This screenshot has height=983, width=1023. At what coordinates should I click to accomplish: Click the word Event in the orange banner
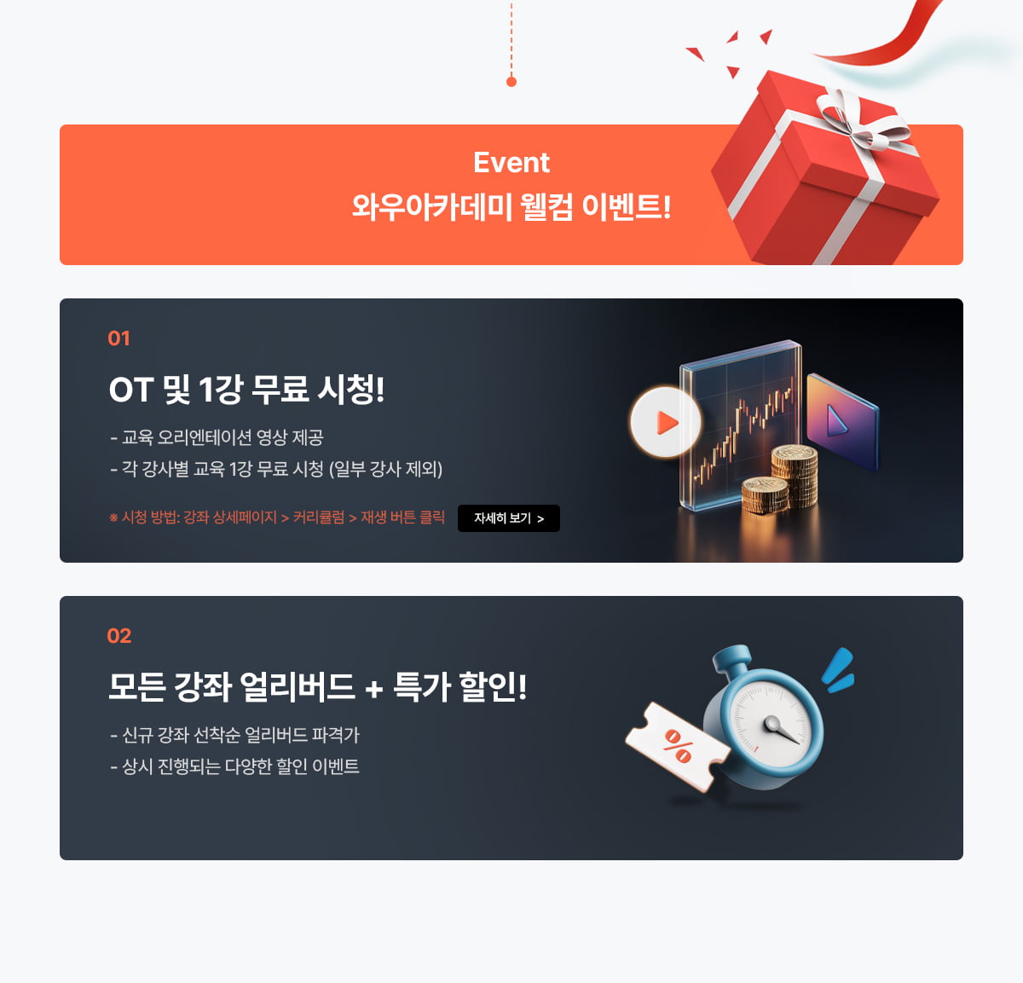511,163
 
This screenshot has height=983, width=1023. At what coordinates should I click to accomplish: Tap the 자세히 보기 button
508,518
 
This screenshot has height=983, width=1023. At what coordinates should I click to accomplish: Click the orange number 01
118,338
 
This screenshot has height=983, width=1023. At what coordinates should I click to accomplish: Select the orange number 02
119,636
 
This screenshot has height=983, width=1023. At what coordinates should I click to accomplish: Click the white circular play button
666,422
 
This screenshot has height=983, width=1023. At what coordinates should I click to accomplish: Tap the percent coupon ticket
677,746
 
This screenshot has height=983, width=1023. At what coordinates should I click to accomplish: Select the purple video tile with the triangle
842,421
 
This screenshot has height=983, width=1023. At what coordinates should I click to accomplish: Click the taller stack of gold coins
795,476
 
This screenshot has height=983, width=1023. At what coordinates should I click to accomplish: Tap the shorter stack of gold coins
765,495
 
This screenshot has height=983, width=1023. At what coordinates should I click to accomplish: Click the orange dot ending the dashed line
511,82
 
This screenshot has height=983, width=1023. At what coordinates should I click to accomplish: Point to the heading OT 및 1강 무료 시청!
246,390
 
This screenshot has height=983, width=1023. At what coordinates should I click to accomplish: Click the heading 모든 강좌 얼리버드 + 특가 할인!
317,687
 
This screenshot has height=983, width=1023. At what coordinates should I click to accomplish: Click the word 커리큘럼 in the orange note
319,518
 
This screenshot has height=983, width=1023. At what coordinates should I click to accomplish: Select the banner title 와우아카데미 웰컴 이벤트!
511,206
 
